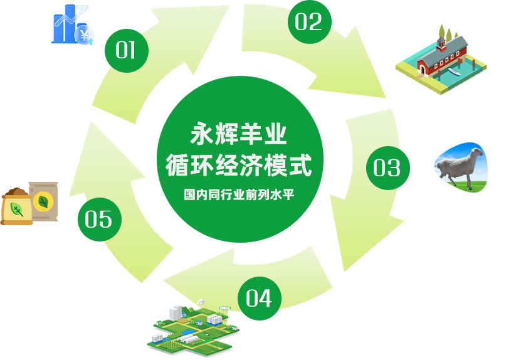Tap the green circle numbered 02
[309, 22]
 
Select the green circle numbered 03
[387, 167]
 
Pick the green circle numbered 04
[259, 297]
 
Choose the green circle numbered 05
[99, 219]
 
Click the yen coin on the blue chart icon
[83, 36]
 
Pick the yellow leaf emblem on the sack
[44, 201]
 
